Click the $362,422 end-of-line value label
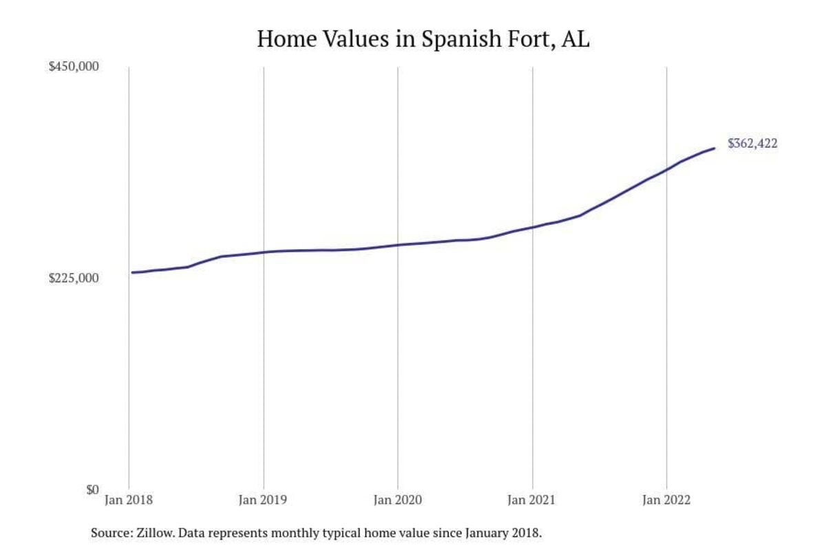click(752, 144)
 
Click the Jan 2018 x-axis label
click(129, 500)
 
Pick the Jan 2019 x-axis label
click(264, 500)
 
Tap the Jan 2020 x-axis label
click(398, 500)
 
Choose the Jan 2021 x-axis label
click(532, 500)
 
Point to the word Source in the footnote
click(111, 533)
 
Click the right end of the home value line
click(714, 148)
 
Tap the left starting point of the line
click(132, 272)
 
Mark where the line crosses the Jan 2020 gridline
click(398, 245)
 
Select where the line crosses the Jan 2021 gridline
click(532, 227)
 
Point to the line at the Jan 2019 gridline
click(264, 252)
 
